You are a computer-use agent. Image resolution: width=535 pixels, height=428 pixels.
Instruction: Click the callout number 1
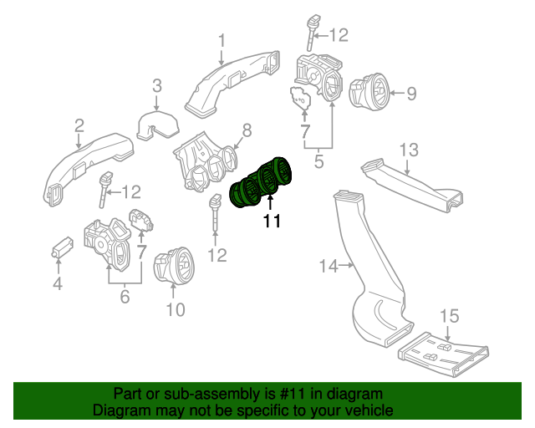[x=222, y=40]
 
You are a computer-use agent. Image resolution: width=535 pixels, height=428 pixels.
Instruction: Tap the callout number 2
[x=79, y=125]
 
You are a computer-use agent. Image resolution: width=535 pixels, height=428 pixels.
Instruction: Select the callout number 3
[x=156, y=84]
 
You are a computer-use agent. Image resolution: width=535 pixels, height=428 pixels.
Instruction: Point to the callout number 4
[x=58, y=285]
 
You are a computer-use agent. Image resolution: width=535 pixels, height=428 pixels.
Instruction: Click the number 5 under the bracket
[x=318, y=161]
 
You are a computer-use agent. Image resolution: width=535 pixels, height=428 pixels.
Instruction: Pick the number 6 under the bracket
[x=125, y=295]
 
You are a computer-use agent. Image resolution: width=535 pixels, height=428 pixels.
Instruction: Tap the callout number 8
[x=247, y=130]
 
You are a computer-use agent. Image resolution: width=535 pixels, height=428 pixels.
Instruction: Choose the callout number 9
[x=410, y=94]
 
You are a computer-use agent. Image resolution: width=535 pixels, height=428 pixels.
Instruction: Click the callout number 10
[x=174, y=311]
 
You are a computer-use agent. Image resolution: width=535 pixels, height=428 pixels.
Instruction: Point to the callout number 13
[x=407, y=150]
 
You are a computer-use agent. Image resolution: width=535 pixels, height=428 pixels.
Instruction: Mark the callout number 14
[x=328, y=266]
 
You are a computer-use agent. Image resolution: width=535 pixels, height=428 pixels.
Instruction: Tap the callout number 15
[x=450, y=316]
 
